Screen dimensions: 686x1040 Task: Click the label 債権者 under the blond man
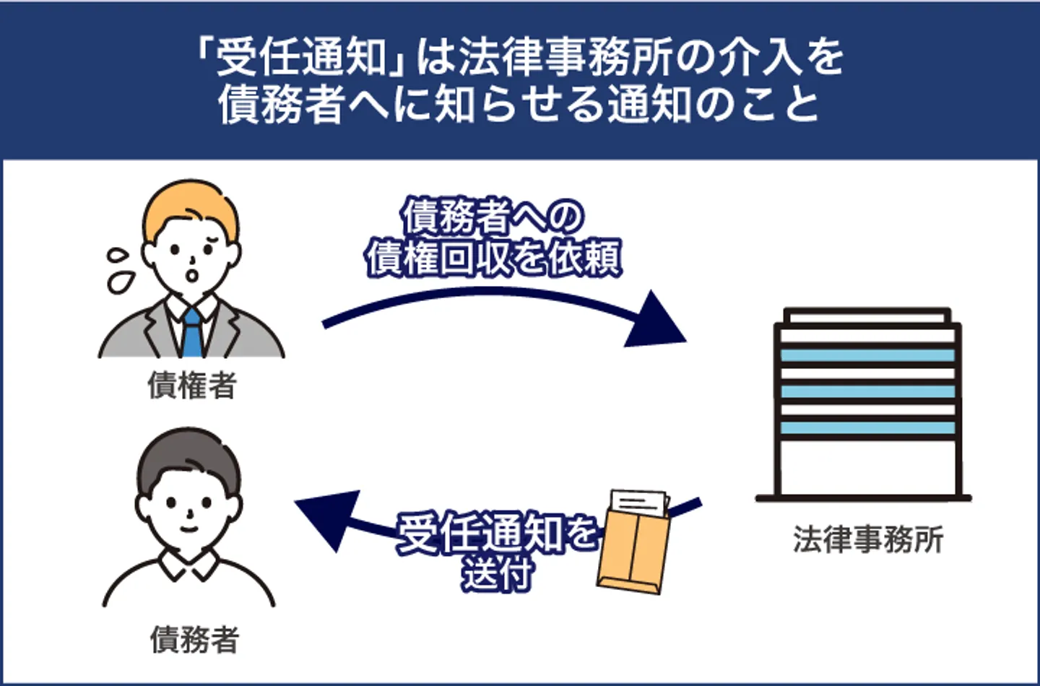(192, 386)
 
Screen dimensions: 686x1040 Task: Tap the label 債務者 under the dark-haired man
(194, 640)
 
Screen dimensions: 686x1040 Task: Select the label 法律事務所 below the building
(867, 539)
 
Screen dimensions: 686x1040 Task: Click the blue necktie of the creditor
(192, 333)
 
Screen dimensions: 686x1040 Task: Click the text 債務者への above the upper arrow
(493, 216)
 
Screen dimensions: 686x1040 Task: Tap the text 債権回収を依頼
(493, 258)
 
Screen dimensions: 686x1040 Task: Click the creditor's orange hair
(189, 206)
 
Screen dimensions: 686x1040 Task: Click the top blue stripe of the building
(867, 355)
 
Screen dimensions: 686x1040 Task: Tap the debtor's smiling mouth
(188, 528)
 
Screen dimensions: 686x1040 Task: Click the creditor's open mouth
(193, 275)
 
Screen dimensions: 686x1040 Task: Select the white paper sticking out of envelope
(638, 502)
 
